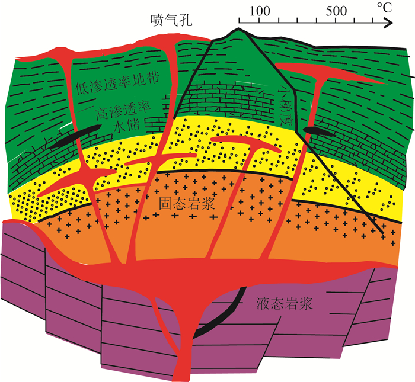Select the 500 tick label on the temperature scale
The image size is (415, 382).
(x=336, y=10)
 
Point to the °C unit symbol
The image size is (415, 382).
(x=384, y=8)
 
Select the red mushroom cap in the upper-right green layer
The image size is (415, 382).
(x=320, y=71)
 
